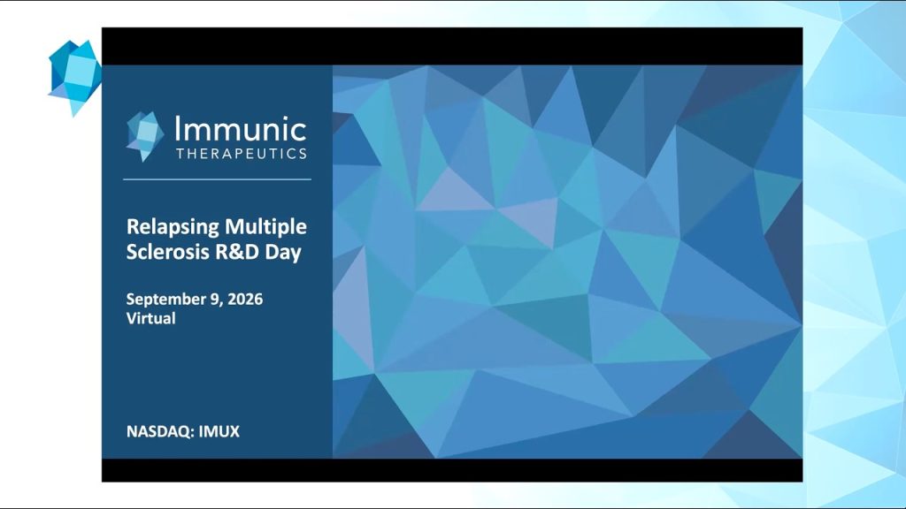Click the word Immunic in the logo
241,129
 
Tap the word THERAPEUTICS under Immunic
242,154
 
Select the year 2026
245,299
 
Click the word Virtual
150,318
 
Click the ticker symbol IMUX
219,431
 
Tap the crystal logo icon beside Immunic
144,136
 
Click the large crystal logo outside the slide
75,78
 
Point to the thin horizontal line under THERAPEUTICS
218,179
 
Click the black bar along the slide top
452,46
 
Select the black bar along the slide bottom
452,470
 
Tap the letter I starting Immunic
178,129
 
